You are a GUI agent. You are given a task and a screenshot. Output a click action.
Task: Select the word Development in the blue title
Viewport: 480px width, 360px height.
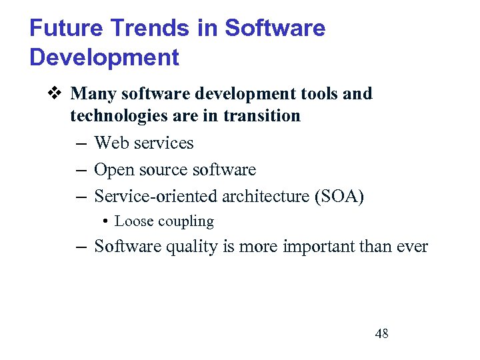[105, 57]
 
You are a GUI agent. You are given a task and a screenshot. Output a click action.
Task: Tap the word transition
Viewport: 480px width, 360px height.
[262, 116]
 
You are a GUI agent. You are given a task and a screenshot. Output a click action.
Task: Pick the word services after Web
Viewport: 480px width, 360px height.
[163, 143]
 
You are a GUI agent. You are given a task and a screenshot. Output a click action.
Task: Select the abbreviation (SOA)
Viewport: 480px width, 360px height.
[341, 197]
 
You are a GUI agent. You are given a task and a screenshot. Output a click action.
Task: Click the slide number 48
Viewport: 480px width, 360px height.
[382, 333]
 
